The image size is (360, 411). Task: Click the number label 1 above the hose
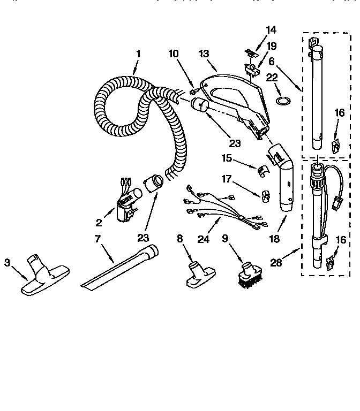(138, 54)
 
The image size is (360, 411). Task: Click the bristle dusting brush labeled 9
(248, 273)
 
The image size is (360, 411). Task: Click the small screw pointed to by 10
(192, 92)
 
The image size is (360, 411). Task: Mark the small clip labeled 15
(261, 170)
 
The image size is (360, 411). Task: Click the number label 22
(272, 78)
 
